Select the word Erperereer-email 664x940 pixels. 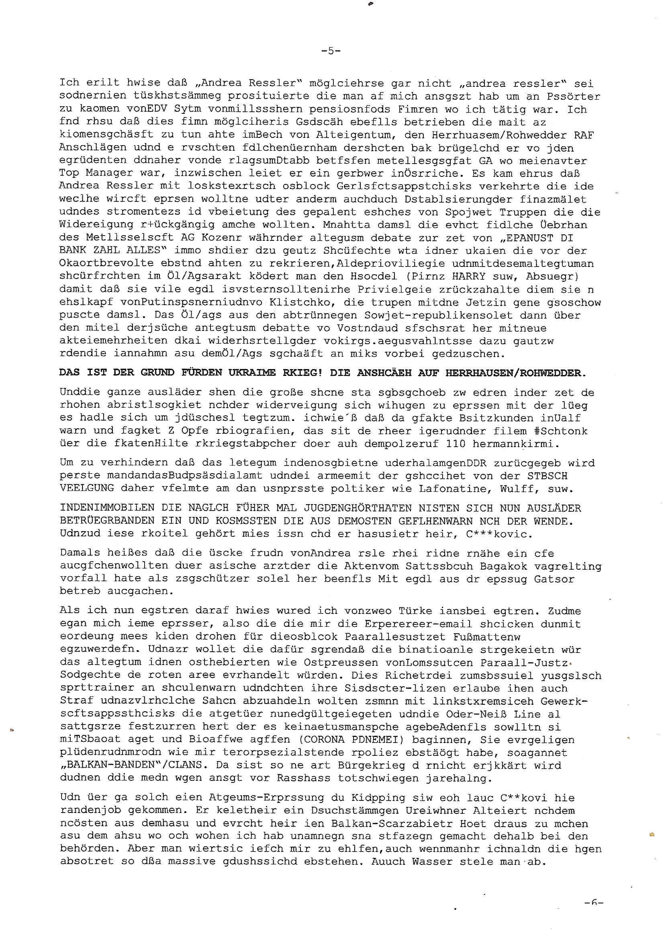(x=415, y=624)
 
